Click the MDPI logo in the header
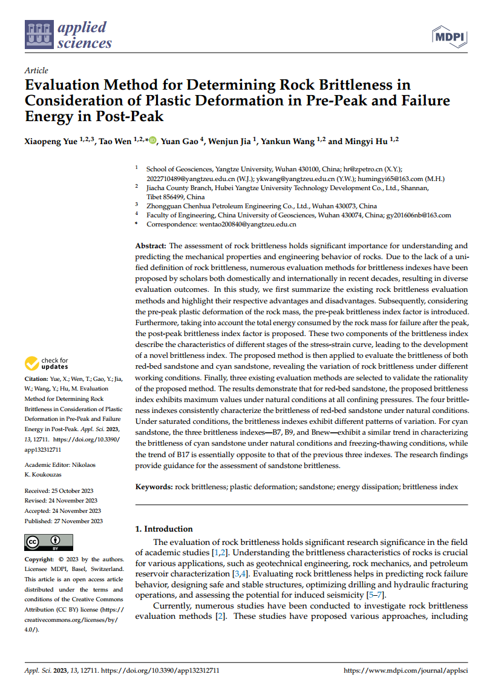point(449,37)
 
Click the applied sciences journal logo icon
point(39,35)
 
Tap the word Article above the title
point(36,70)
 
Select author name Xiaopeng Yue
point(51,142)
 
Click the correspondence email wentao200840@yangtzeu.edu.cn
point(247,225)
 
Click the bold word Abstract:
point(151,246)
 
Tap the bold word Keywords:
point(154,487)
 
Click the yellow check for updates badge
point(47,363)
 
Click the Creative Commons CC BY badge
point(48,542)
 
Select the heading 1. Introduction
point(164,529)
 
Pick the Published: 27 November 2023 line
point(64,521)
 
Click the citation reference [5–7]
point(376,595)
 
